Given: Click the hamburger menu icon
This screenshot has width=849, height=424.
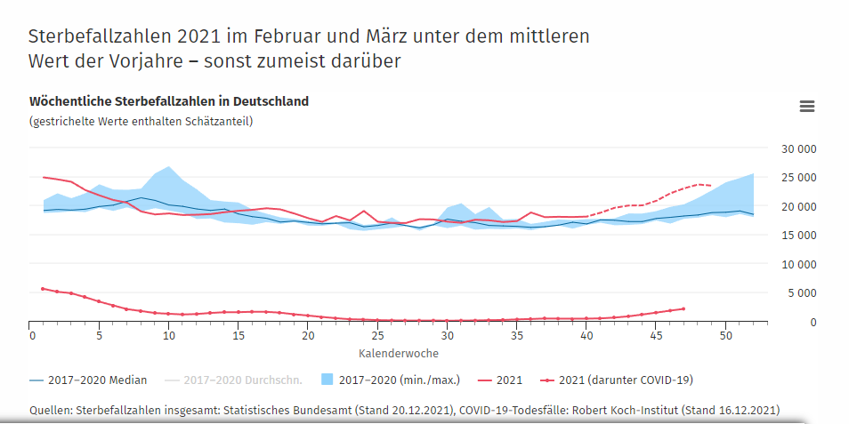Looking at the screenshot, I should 807,107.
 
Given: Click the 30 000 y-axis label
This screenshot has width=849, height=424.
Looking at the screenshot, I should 798,148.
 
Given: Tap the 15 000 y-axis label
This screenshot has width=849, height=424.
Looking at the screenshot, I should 798,235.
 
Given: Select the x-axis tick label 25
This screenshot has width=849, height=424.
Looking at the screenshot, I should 377,335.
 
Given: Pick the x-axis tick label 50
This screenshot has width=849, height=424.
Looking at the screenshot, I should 725,335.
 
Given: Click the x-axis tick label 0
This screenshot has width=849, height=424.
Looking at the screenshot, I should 31,335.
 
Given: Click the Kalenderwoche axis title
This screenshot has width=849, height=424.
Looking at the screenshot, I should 395,351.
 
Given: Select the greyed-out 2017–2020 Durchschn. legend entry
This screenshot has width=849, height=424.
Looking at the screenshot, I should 243,380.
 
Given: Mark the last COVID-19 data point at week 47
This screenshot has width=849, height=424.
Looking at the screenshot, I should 683,308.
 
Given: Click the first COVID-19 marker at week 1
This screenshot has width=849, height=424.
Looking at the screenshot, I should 43,289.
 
